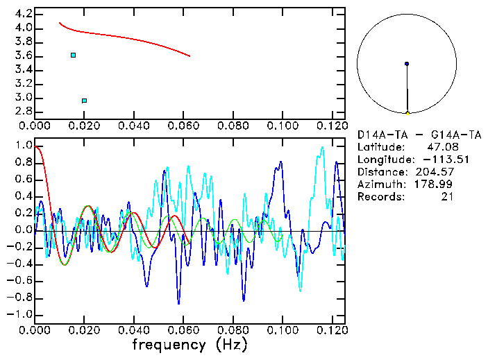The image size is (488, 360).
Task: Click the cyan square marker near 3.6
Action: coord(73,55)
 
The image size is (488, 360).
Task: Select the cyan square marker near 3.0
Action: coord(84,101)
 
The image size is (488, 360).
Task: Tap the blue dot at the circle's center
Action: coord(407,64)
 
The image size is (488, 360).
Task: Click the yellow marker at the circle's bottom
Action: coord(407,112)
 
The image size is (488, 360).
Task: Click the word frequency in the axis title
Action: coord(169,344)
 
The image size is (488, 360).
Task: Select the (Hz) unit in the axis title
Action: coord(230,344)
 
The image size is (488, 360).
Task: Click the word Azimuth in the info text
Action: coord(379,185)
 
